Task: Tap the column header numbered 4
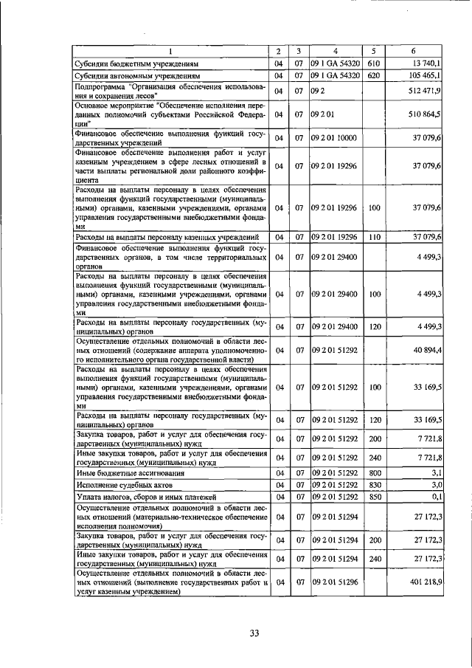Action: click(335, 51)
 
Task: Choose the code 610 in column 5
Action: click(373, 63)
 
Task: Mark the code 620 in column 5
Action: click(373, 75)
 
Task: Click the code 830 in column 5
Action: click(374, 485)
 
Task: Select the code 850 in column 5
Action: click(374, 497)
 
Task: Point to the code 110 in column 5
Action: click(374, 237)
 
